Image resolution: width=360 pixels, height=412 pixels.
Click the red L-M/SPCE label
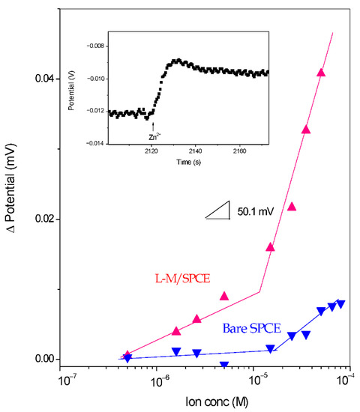point(183,278)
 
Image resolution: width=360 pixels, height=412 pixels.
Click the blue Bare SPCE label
point(251,328)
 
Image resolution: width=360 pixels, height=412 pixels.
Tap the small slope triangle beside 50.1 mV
point(221,213)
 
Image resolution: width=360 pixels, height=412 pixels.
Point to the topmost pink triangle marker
point(321,73)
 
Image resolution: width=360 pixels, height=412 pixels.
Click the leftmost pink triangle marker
point(127,354)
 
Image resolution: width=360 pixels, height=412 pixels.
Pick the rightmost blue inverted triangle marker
point(341,304)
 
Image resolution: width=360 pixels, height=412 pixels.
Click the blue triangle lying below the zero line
point(224,365)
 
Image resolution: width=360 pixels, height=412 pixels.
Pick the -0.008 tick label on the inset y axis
point(95,46)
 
